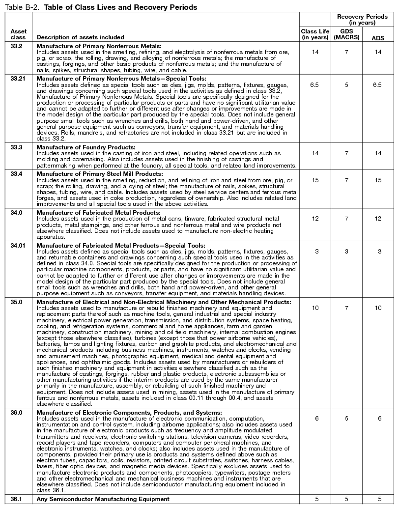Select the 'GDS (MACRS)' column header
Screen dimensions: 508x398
pyautogui.click(x=346, y=34)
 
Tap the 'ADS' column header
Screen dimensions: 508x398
pyautogui.click(x=378, y=37)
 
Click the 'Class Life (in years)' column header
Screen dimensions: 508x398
pyautogui.click(x=314, y=34)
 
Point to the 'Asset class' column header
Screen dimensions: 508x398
pyautogui.click(x=18, y=34)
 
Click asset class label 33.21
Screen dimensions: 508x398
pyautogui.click(x=20, y=78)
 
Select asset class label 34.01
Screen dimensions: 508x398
pyautogui.click(x=20, y=246)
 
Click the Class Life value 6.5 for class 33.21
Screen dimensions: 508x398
pyautogui.click(x=314, y=85)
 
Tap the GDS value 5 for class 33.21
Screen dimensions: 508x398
pyautogui.click(x=346, y=85)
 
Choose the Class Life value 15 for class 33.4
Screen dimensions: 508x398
pyautogui.click(x=314, y=180)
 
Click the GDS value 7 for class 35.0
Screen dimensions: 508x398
pyautogui.click(x=346, y=308)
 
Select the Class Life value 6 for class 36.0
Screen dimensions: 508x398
pyautogui.click(x=314, y=418)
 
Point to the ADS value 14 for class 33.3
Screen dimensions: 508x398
pyautogui.click(x=378, y=154)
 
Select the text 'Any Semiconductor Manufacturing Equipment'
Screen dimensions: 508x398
pyautogui.click(x=103, y=499)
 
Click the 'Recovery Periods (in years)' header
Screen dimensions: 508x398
pyautogui.click(x=362, y=20)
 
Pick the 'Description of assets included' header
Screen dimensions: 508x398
pyautogui.click(x=80, y=37)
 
